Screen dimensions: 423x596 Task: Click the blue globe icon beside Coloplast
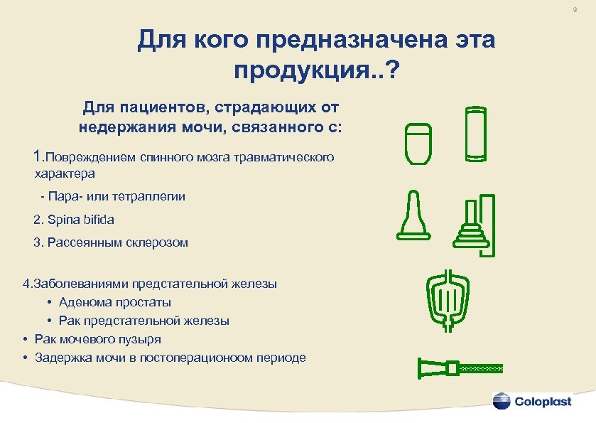(x=502, y=400)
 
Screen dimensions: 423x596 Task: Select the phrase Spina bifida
(x=74, y=219)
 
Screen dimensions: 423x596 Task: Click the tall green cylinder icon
(x=475, y=133)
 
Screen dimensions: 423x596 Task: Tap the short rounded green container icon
(x=419, y=144)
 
